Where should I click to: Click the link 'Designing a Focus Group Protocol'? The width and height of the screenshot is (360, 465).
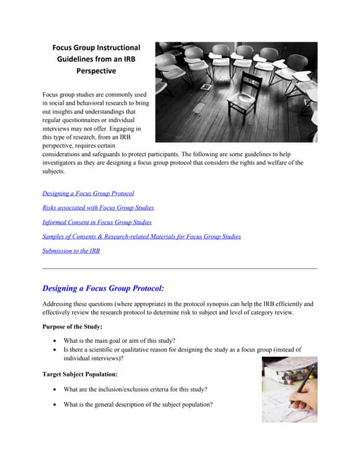88,193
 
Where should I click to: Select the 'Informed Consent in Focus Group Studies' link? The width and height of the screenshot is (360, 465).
97,222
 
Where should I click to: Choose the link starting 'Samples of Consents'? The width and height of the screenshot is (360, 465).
142,236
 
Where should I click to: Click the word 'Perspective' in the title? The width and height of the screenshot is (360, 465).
96,71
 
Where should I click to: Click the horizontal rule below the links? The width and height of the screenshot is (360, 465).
180,269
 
